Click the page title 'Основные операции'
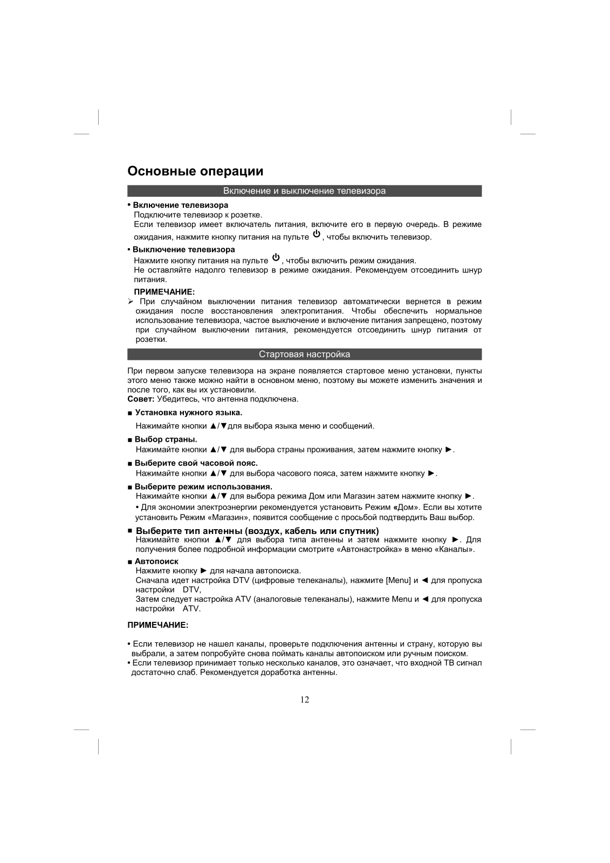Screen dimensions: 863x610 pyautogui.click(x=195, y=172)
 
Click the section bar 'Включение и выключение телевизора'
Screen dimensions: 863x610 pyautogui.click(x=304, y=191)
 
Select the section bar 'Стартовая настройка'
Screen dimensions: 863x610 pyautogui.click(x=304, y=354)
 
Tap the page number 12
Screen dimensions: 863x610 pyautogui.click(x=305, y=700)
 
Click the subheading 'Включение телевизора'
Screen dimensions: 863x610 pyautogui.click(x=180, y=205)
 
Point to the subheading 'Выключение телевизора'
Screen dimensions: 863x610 pyautogui.click(x=183, y=249)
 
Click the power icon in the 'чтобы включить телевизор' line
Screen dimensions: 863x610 pyautogui.click(x=316, y=234)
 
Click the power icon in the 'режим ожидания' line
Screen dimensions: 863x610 pyautogui.click(x=276, y=257)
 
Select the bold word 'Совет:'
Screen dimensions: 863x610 pyautogui.click(x=141, y=399)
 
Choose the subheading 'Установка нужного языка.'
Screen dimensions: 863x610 pyautogui.click(x=188, y=413)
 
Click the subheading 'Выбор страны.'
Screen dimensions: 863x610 pyautogui.click(x=166, y=439)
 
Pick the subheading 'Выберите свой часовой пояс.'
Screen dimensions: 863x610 pyautogui.click(x=196, y=463)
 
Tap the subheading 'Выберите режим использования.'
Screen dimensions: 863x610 pyautogui.click(x=203, y=487)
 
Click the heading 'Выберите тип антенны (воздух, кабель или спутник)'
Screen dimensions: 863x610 pyautogui.click(x=257, y=531)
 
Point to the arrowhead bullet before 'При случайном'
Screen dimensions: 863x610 pyautogui.click(x=130, y=302)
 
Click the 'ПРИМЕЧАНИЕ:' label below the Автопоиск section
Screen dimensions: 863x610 pyautogui.click(x=157, y=625)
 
